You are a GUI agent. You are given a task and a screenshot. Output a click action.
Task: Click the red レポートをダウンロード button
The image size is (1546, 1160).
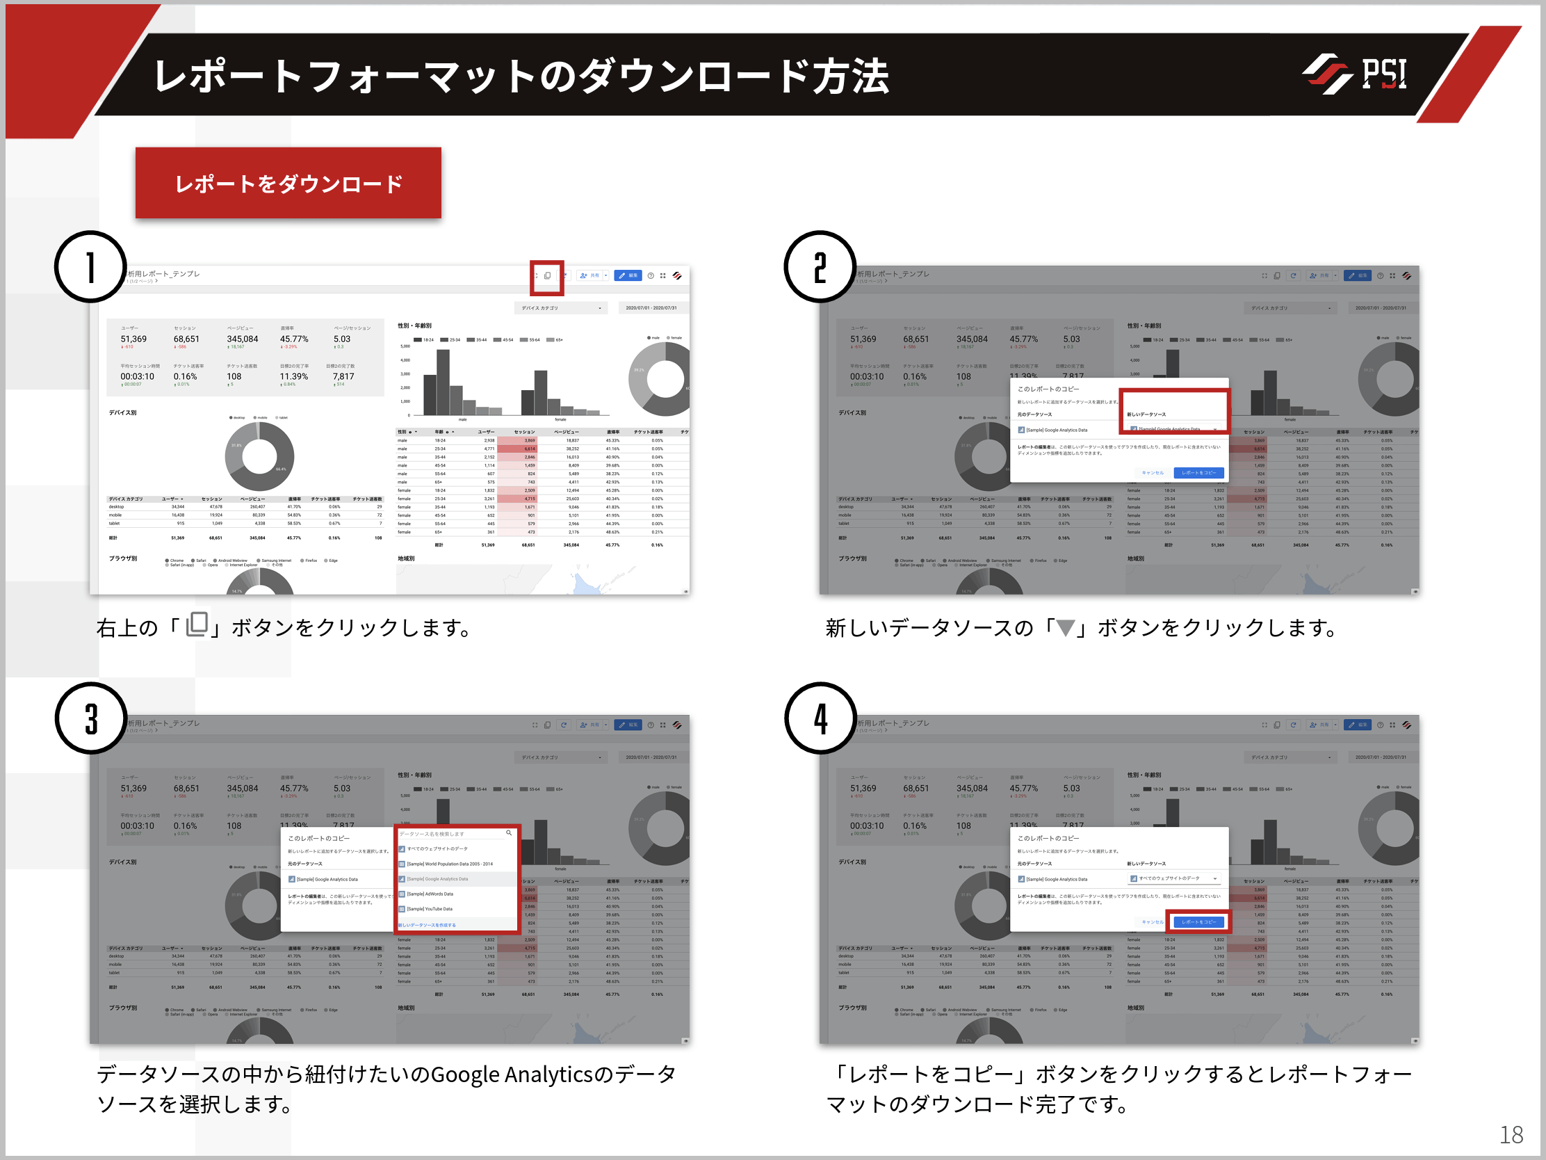click(288, 183)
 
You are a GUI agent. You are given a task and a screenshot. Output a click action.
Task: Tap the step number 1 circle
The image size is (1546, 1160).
click(91, 267)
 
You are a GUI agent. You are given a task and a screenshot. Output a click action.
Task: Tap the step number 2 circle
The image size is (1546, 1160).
click(820, 267)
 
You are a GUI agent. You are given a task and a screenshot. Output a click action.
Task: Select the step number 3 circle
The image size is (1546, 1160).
click(91, 718)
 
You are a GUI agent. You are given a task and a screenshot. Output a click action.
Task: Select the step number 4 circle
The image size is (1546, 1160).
click(820, 718)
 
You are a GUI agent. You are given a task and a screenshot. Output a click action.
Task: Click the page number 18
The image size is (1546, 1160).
click(1511, 1134)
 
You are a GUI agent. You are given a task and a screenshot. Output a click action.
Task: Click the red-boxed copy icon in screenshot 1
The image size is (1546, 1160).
click(547, 276)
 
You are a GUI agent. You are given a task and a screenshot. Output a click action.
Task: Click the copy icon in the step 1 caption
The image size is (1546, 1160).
click(197, 625)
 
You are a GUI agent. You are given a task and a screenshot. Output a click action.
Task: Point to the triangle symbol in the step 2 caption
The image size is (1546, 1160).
click(1065, 628)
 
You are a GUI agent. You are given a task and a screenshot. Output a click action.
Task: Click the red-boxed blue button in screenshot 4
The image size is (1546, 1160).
click(1198, 921)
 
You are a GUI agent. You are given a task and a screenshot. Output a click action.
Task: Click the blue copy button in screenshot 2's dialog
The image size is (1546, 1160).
click(1198, 473)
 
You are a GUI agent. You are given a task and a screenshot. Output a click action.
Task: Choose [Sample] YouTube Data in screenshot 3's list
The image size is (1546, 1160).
click(430, 909)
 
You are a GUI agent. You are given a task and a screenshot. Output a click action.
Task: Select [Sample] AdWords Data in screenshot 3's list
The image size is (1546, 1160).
click(430, 894)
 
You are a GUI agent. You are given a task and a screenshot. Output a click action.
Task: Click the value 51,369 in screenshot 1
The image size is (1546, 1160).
click(133, 339)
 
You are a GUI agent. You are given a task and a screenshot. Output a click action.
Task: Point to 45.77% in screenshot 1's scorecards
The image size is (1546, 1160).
click(293, 339)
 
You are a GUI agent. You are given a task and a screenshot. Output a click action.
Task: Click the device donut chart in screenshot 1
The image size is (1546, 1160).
click(259, 457)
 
